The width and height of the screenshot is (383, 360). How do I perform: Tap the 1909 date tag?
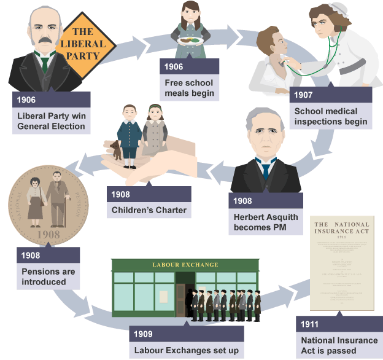pyautogui.click(x=145, y=335)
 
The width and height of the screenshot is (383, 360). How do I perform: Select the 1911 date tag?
pyautogui.click(x=313, y=324)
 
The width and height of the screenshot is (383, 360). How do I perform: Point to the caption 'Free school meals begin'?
pyautogui.click(x=188, y=88)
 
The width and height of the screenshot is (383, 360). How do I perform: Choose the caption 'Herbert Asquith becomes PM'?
pyautogui.click(x=266, y=222)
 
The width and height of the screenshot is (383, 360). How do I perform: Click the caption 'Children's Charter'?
pyautogui.click(x=148, y=210)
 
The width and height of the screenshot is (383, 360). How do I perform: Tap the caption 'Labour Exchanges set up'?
pyautogui.click(x=186, y=351)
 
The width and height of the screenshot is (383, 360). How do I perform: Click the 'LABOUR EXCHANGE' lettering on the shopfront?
pyautogui.click(x=185, y=265)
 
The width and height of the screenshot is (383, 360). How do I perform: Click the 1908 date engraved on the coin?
pyautogui.click(x=48, y=235)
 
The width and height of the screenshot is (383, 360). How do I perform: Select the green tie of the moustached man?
pyautogui.click(x=45, y=62)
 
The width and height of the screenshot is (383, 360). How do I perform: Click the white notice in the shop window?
pyautogui.click(x=163, y=296)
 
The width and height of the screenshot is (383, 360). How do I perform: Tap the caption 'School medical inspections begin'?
pyautogui.click(x=330, y=116)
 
